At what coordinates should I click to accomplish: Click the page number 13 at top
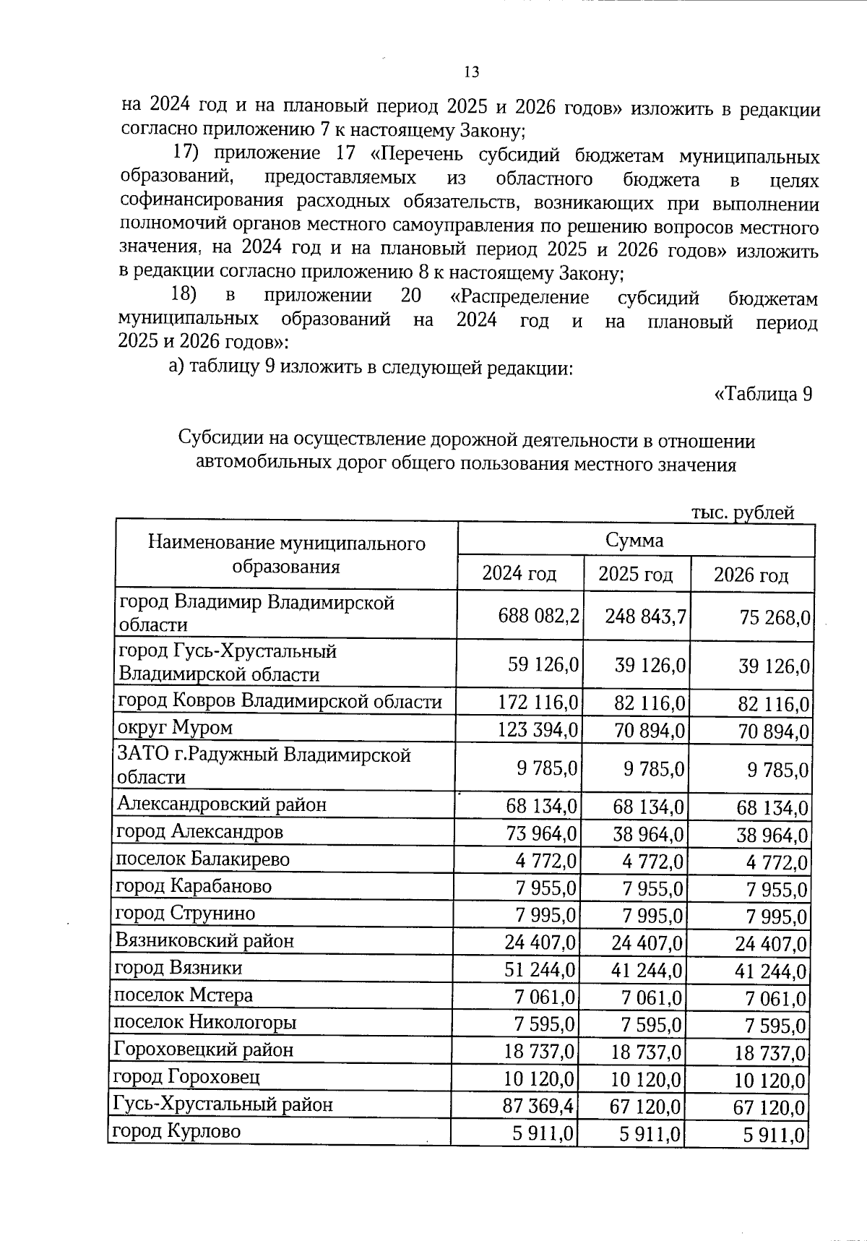tap(471, 72)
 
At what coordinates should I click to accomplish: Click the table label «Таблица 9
tap(763, 395)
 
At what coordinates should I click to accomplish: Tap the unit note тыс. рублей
tap(743, 512)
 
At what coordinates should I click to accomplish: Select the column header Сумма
tap(634, 540)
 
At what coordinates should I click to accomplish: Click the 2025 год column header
tap(635, 575)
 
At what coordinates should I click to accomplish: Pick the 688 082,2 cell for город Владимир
tap(538, 616)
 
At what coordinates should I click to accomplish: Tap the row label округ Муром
tap(176, 728)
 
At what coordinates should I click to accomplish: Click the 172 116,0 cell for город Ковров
tap(538, 701)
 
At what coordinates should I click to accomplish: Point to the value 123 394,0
tap(538, 729)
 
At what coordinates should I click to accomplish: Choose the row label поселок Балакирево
tap(203, 859)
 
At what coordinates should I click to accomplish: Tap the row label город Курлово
tap(176, 1131)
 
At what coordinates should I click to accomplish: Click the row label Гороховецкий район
tap(204, 1049)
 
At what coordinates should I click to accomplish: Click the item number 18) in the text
tap(184, 296)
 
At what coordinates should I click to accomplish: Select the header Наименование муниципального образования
tap(286, 554)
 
